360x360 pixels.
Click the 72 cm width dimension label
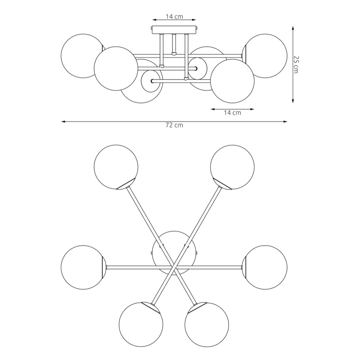174,125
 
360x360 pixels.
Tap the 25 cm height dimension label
295,64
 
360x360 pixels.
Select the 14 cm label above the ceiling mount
174,17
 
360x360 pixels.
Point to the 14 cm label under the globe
232,113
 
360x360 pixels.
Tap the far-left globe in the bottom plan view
83,267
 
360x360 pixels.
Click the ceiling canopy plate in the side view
174,30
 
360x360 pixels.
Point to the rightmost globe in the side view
265,56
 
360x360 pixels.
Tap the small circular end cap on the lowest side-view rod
152,81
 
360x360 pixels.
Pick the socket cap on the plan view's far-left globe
104,267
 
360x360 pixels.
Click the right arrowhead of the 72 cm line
285,122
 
